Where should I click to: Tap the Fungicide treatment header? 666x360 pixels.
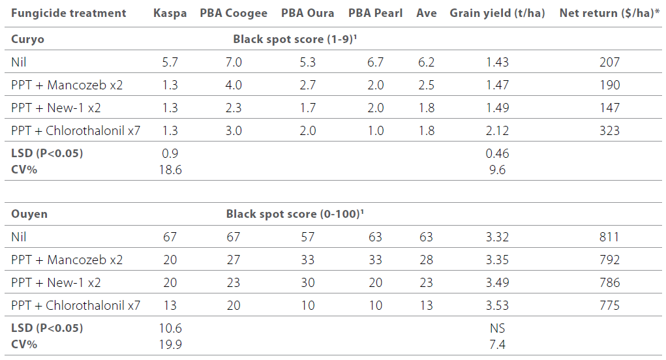pyautogui.click(x=68, y=13)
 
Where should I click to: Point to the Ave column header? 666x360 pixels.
pyautogui.click(x=427, y=13)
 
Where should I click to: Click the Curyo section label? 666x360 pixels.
pyautogui.click(x=27, y=39)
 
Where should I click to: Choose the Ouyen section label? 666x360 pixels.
pyautogui.click(x=29, y=214)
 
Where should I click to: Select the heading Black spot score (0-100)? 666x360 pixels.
pyautogui.click(x=294, y=214)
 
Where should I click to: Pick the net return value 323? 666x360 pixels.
pyautogui.click(x=609, y=130)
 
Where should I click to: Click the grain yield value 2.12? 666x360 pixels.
pyautogui.click(x=497, y=130)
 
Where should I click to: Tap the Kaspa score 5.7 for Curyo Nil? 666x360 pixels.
pyautogui.click(x=170, y=63)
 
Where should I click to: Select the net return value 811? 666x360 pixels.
pyautogui.click(x=609, y=237)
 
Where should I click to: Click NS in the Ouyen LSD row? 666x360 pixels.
pyautogui.click(x=497, y=328)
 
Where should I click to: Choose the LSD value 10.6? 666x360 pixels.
pyautogui.click(x=170, y=328)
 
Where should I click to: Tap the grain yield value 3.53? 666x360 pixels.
pyautogui.click(x=497, y=305)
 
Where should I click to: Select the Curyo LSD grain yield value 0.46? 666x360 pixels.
pyautogui.click(x=497, y=154)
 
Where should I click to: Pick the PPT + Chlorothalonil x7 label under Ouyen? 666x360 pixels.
pyautogui.click(x=76, y=305)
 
